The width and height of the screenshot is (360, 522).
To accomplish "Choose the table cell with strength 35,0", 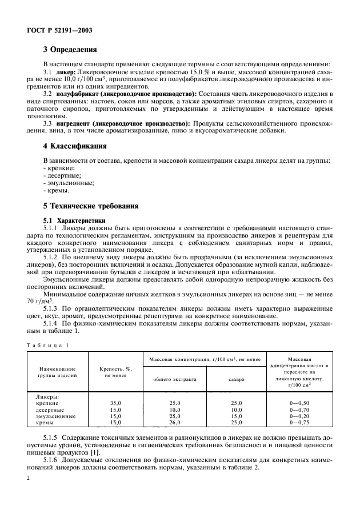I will pos(115,403).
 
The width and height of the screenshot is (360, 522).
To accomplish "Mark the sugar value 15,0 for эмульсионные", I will pos(236,416).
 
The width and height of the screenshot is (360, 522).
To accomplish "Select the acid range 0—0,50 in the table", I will pos(298,403).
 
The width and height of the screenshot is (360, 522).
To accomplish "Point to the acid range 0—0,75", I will pos(298,423).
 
